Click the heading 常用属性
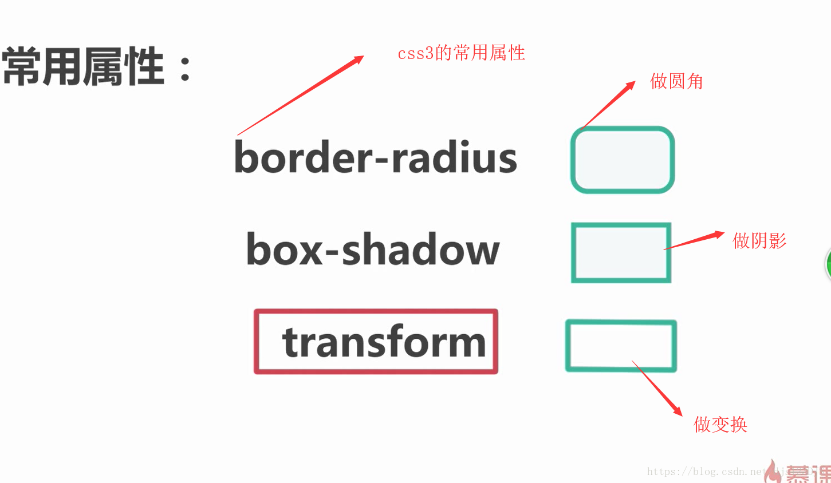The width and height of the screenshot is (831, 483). click(x=84, y=67)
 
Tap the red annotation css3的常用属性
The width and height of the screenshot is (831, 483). click(x=461, y=53)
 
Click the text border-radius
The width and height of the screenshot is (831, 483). click(x=376, y=157)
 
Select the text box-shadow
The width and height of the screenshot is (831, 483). click(x=373, y=250)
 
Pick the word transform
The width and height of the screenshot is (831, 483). click(x=384, y=342)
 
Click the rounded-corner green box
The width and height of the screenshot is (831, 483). click(x=622, y=160)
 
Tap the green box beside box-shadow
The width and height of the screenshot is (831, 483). click(x=621, y=252)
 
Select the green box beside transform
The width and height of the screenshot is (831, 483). click(x=621, y=346)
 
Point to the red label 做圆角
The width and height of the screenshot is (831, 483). click(x=676, y=81)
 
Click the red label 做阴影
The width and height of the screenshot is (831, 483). click(x=759, y=240)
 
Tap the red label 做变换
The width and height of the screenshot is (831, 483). click(x=720, y=424)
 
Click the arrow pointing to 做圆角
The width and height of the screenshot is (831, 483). click(x=608, y=105)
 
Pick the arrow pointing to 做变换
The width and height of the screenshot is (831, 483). click(x=657, y=388)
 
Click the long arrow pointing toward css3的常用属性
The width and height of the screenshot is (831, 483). click(x=301, y=95)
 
